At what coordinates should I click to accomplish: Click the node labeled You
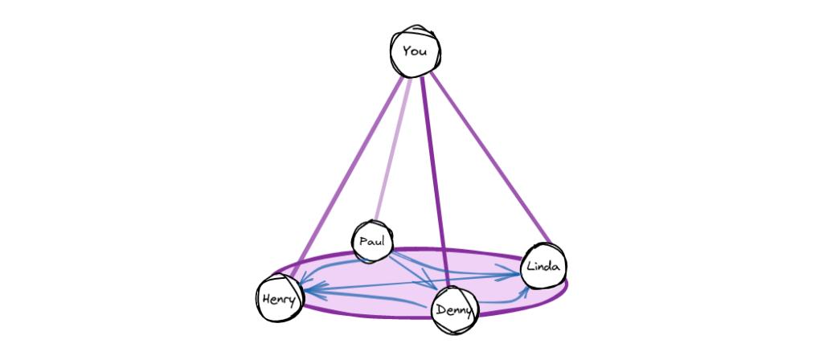click(x=415, y=52)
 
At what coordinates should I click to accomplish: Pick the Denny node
click(x=455, y=311)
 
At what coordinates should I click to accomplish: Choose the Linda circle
click(x=543, y=267)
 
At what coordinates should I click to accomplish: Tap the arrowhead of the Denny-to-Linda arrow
click(x=524, y=292)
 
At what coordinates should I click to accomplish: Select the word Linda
click(x=543, y=267)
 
